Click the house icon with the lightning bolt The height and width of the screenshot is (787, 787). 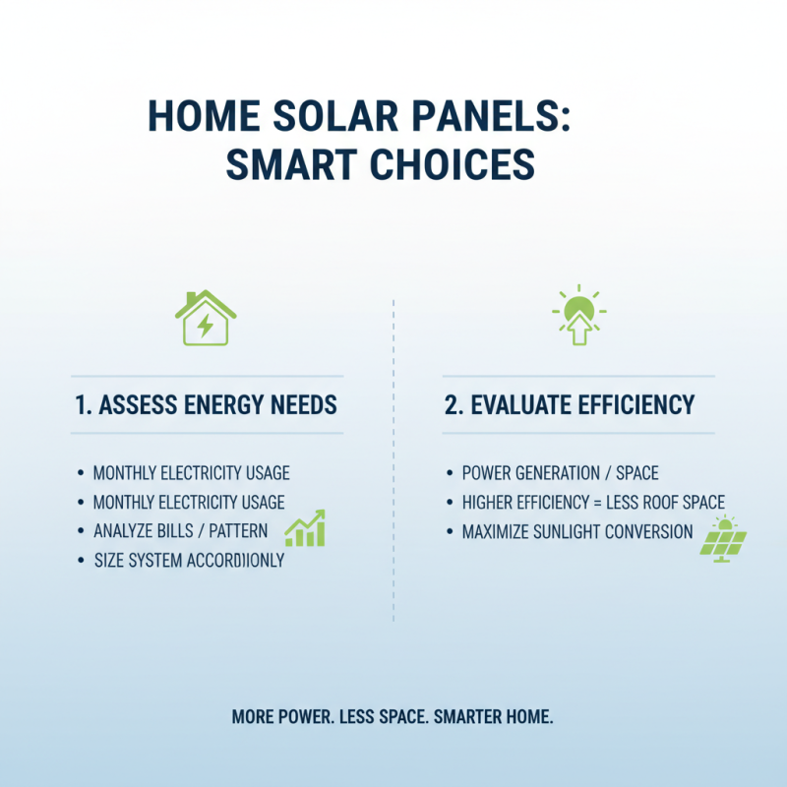point(206,319)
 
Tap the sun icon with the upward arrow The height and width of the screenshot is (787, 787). point(578,317)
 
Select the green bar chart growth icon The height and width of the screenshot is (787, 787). point(305,529)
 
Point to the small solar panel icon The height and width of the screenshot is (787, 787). point(723,539)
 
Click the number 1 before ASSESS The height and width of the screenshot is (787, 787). point(81,404)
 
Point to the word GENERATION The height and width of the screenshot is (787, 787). point(557,473)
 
